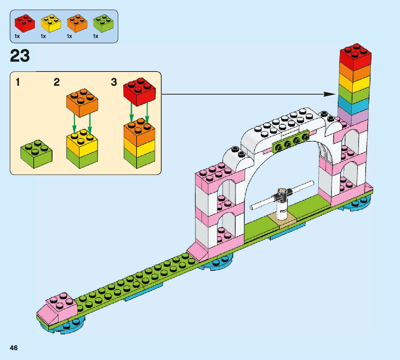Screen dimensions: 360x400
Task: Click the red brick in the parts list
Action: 24,23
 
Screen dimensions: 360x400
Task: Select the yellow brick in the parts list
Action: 51,23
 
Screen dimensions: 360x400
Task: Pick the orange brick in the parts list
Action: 76,23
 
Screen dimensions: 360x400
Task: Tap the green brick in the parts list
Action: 103,23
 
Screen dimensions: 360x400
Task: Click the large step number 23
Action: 20,56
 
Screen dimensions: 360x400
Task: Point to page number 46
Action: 14,348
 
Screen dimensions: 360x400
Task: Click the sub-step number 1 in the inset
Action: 18,83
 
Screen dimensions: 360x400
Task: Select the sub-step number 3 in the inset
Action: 114,83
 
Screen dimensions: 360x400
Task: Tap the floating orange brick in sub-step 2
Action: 82,102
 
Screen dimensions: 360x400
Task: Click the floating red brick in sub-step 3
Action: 139,91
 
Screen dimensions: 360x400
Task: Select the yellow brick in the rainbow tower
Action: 354,83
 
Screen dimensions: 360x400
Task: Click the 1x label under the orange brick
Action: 70,36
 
